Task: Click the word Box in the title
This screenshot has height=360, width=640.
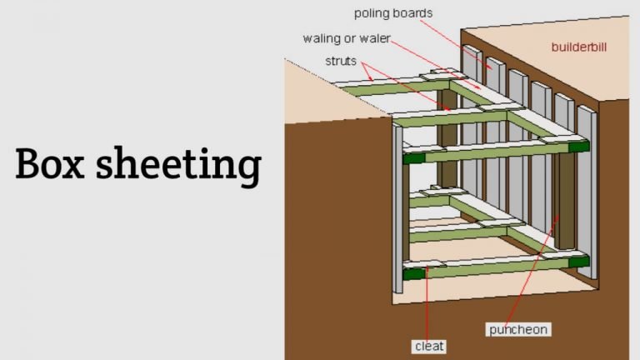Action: (x=50, y=163)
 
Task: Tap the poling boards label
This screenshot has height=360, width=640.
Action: (x=393, y=13)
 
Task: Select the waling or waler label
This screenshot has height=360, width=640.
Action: (x=347, y=38)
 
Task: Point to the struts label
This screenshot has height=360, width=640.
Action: (x=341, y=61)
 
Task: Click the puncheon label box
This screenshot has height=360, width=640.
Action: (x=518, y=329)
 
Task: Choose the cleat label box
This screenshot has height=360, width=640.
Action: (x=429, y=346)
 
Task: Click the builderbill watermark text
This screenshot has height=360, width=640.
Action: (x=579, y=47)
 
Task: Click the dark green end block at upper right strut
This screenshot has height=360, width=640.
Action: (x=579, y=146)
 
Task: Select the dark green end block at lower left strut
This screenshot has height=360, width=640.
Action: (x=414, y=273)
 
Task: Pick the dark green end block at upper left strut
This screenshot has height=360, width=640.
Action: (x=414, y=157)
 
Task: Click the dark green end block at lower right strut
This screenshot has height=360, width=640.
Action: (x=579, y=261)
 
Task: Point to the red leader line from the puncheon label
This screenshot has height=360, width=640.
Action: (x=532, y=269)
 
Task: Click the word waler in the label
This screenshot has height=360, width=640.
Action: (x=375, y=38)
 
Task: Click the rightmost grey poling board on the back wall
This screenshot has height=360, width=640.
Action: (x=587, y=192)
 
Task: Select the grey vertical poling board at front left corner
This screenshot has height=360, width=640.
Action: (x=397, y=209)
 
